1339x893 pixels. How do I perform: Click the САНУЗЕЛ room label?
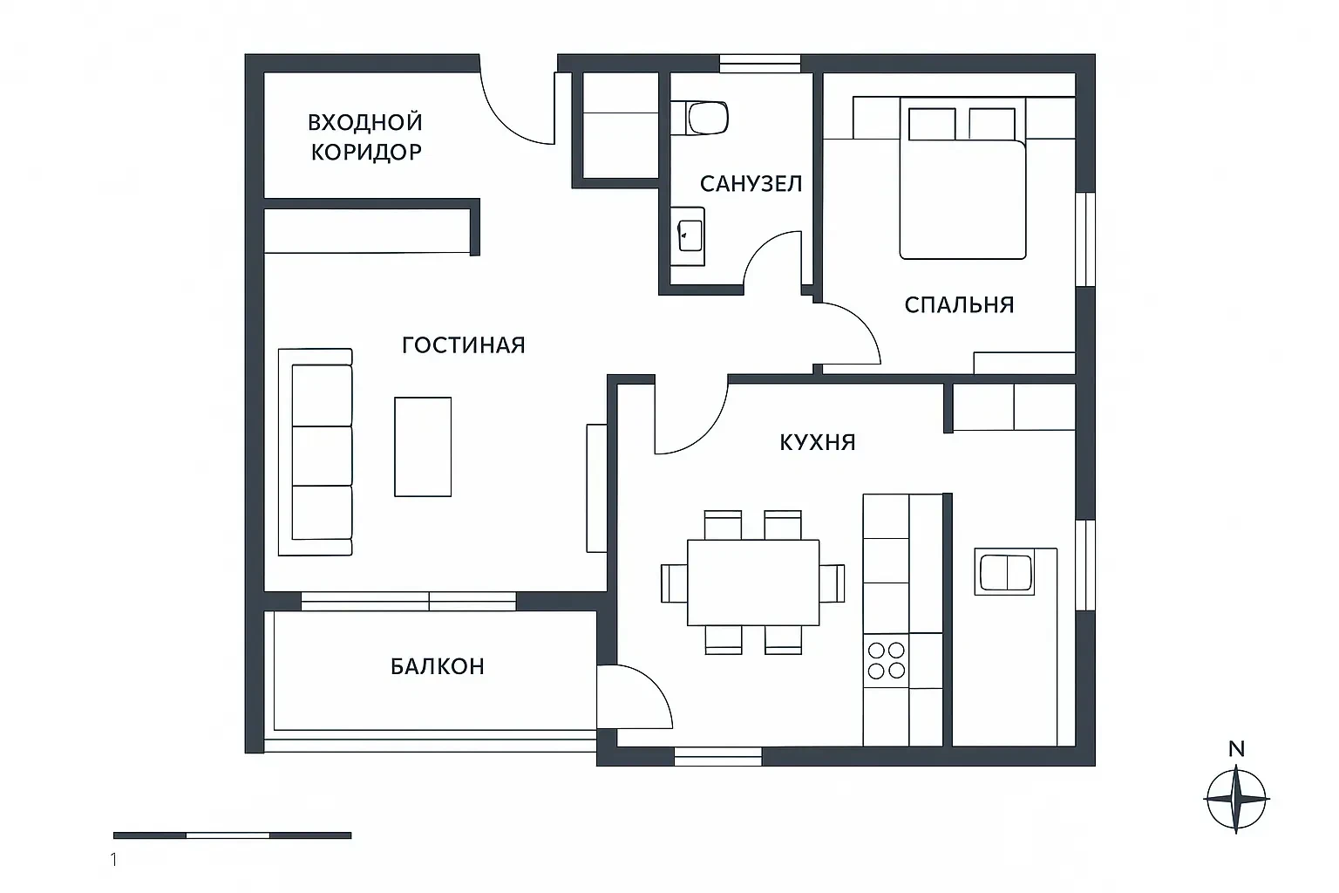point(751,184)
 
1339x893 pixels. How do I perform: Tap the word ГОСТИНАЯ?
point(463,345)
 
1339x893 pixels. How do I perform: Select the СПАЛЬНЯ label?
point(959,305)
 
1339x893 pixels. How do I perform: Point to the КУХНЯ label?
point(817,443)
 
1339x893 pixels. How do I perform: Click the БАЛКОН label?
point(438,666)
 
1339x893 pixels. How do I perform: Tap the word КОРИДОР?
point(366,153)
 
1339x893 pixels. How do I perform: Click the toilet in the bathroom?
point(699,118)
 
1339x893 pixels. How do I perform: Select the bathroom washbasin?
point(688,236)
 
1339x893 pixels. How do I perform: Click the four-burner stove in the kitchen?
point(886,660)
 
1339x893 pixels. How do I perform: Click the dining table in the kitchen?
point(753,583)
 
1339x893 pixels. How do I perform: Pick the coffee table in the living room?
point(423,446)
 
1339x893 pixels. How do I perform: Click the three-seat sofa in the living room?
point(315,453)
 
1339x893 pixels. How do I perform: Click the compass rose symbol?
point(1236,800)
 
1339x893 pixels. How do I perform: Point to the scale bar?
point(233,835)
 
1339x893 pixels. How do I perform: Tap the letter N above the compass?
point(1236,749)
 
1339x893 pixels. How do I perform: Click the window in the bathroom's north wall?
point(760,64)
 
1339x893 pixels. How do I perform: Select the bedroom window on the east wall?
point(1085,239)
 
